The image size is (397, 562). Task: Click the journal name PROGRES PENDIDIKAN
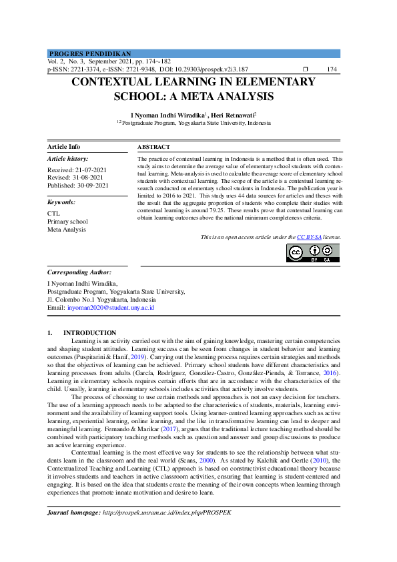90,53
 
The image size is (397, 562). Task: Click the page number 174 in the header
332,69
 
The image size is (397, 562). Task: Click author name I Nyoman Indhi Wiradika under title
169,115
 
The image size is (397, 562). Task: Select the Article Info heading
64,146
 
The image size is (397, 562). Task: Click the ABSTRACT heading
154,146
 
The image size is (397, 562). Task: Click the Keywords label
61,202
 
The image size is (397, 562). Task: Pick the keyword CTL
53,214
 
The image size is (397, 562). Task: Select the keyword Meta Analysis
67,230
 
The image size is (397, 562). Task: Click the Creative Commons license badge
313,253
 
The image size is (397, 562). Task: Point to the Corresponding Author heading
79,272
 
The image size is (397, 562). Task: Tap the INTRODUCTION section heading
89,332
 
